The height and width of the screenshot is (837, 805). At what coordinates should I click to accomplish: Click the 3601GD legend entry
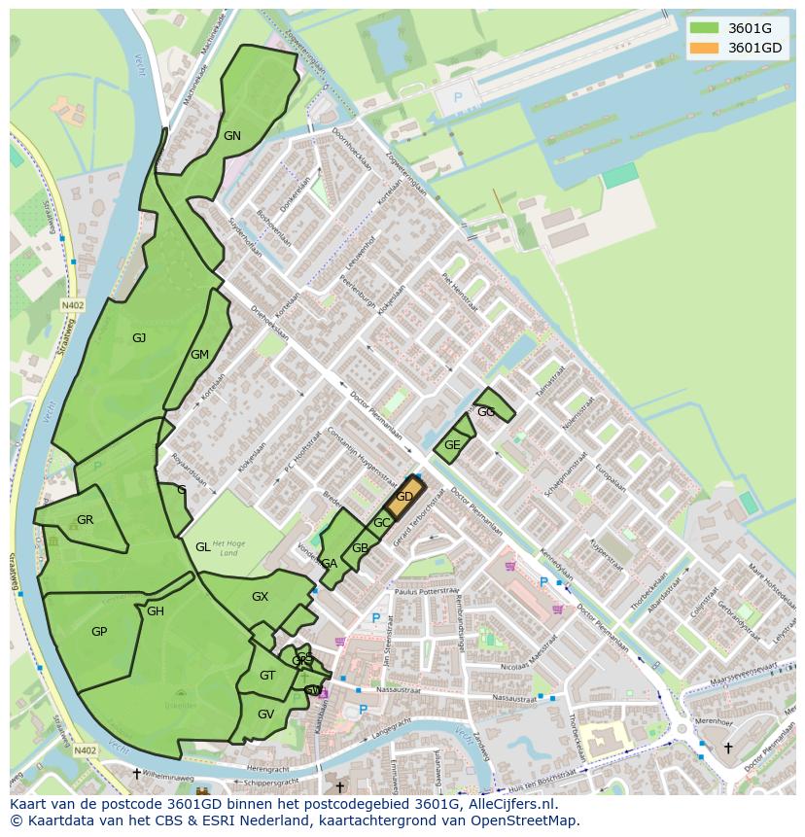(741, 48)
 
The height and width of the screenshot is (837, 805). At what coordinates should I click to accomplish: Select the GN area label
(231, 136)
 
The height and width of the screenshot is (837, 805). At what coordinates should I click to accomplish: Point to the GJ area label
(139, 338)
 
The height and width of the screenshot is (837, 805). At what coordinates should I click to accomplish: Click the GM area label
(200, 355)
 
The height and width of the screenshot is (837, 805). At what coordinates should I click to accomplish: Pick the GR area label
(86, 520)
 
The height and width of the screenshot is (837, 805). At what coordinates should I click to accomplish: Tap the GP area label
(99, 632)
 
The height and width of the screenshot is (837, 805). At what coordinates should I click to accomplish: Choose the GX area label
(260, 597)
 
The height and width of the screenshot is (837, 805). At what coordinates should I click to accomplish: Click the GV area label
(265, 714)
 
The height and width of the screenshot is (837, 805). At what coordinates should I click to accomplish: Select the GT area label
(267, 676)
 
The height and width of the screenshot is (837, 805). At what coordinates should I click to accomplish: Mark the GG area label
(486, 412)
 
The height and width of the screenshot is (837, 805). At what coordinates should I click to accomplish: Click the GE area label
(452, 445)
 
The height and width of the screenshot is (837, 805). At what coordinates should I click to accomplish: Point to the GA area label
(330, 564)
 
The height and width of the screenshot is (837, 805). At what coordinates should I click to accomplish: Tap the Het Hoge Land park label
(225, 549)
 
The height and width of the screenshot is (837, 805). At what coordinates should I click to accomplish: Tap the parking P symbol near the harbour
(459, 98)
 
